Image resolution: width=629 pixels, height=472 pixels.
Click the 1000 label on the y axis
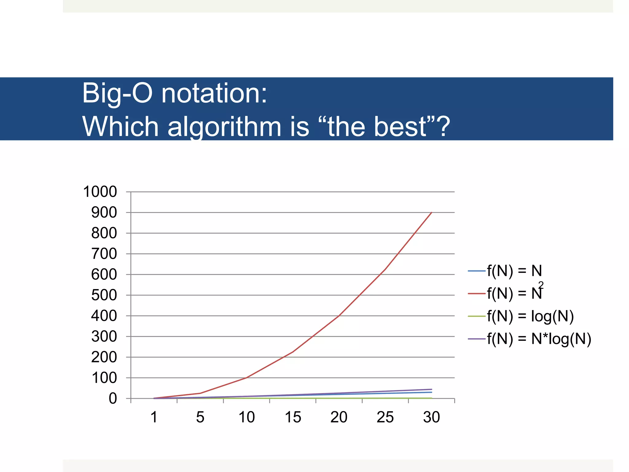click(100, 192)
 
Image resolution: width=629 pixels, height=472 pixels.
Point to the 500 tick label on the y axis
click(104, 295)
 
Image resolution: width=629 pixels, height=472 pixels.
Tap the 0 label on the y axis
click(113, 399)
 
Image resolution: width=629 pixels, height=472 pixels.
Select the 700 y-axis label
click(104, 254)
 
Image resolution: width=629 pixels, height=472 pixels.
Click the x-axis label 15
click(293, 417)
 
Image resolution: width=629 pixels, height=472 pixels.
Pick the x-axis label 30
click(431, 417)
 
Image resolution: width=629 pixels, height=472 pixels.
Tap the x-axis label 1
click(154, 417)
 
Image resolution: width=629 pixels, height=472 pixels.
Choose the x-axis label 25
click(385, 417)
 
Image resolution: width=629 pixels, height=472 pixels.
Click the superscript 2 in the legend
click(541, 285)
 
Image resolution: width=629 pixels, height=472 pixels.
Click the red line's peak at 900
click(432, 212)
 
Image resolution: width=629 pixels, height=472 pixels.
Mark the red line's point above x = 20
click(339, 316)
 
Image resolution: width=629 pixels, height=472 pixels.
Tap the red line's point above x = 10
click(247, 377)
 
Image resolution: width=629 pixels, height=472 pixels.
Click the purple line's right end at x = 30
click(432, 389)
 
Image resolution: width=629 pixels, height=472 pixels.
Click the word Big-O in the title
click(117, 93)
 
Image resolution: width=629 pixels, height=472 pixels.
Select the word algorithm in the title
click(224, 127)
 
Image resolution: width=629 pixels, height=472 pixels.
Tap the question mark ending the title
click(443, 126)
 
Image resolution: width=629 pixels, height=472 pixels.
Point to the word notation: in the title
click(214, 93)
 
